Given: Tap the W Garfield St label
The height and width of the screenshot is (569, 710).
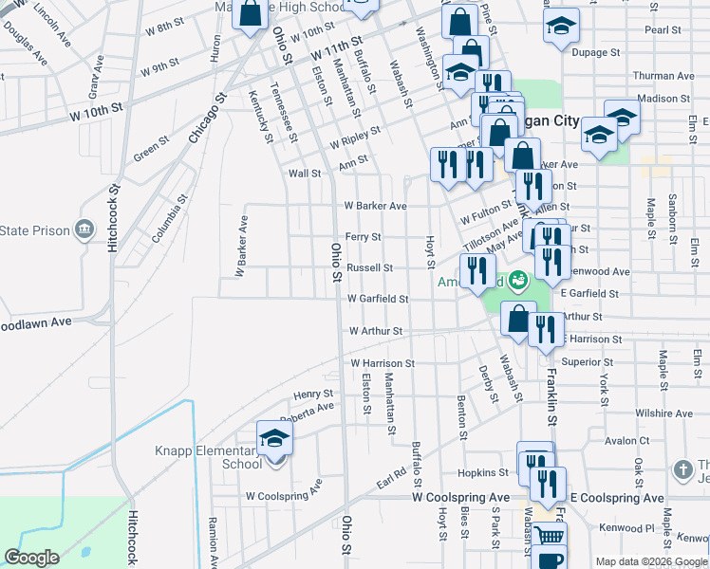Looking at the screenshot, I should [377, 299].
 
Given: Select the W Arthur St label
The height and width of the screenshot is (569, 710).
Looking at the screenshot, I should [376, 332].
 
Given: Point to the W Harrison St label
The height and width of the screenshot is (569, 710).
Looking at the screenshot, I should [383, 363].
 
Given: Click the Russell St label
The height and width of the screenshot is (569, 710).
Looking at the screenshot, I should [369, 268].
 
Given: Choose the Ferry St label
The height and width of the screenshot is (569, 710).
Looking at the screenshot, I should [363, 237].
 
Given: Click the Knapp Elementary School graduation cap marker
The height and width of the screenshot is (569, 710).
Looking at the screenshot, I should [275, 437].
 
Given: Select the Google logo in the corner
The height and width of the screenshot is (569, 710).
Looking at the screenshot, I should [31, 558].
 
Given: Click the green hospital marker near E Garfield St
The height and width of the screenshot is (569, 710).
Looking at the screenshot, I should [517, 280].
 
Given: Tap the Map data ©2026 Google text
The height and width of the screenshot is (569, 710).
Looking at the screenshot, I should [650, 561].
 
